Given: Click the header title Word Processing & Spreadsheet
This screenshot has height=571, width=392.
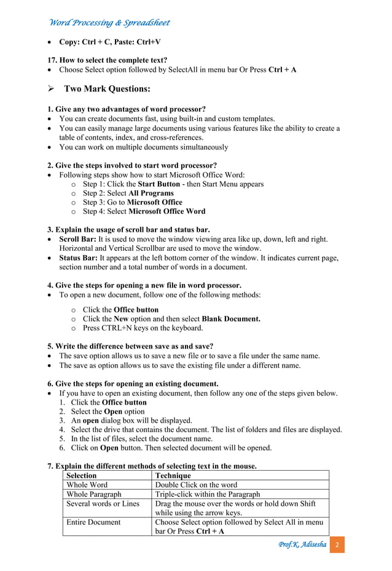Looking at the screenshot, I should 109,23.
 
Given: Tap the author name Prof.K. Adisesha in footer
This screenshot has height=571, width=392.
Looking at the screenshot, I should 302,545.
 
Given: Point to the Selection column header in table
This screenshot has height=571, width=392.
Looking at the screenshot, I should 81,476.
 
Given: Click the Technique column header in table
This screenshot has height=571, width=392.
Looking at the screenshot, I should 173,476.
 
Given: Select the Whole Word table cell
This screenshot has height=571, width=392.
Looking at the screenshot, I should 87,485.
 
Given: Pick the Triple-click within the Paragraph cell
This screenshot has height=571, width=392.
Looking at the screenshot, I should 207,494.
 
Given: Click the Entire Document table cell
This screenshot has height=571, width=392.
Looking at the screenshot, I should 93,522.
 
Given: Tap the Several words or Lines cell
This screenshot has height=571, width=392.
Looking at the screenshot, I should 103,503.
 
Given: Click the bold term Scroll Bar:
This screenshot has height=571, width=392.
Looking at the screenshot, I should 77,239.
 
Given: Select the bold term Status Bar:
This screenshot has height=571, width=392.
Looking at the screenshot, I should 78,258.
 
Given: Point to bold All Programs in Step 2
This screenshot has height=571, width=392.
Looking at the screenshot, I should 151,193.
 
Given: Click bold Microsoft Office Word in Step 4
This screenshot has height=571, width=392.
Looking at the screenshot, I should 167,211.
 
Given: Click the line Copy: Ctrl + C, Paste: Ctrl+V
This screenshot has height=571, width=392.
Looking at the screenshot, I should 109,42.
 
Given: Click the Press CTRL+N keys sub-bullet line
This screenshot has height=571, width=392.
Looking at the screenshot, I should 143,328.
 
